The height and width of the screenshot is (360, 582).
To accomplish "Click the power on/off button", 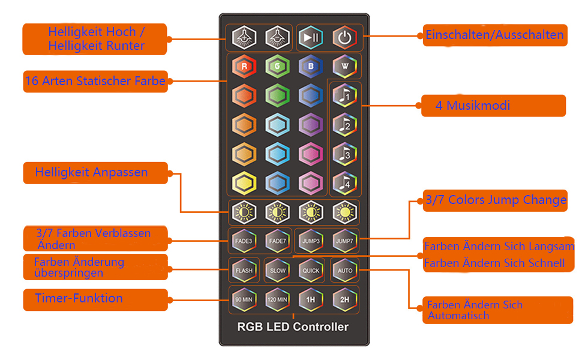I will click(344, 37).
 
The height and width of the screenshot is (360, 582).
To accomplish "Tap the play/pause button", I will click(311, 37).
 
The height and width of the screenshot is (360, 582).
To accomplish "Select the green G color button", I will click(278, 67).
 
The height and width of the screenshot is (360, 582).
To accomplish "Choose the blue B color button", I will click(311, 67).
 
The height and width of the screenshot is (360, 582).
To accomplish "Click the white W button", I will click(344, 67).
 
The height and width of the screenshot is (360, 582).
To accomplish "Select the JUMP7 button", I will click(344, 241).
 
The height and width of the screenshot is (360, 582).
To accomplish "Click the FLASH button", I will click(244, 270).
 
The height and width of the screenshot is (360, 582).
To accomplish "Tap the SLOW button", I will click(278, 270).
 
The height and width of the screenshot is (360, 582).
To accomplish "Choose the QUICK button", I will click(311, 270).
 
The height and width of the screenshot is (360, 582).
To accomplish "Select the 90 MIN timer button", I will click(244, 299).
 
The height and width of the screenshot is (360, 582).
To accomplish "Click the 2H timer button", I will click(344, 299).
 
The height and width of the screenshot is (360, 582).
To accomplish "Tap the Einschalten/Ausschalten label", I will click(494, 35).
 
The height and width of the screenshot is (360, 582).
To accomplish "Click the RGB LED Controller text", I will click(293, 327).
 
